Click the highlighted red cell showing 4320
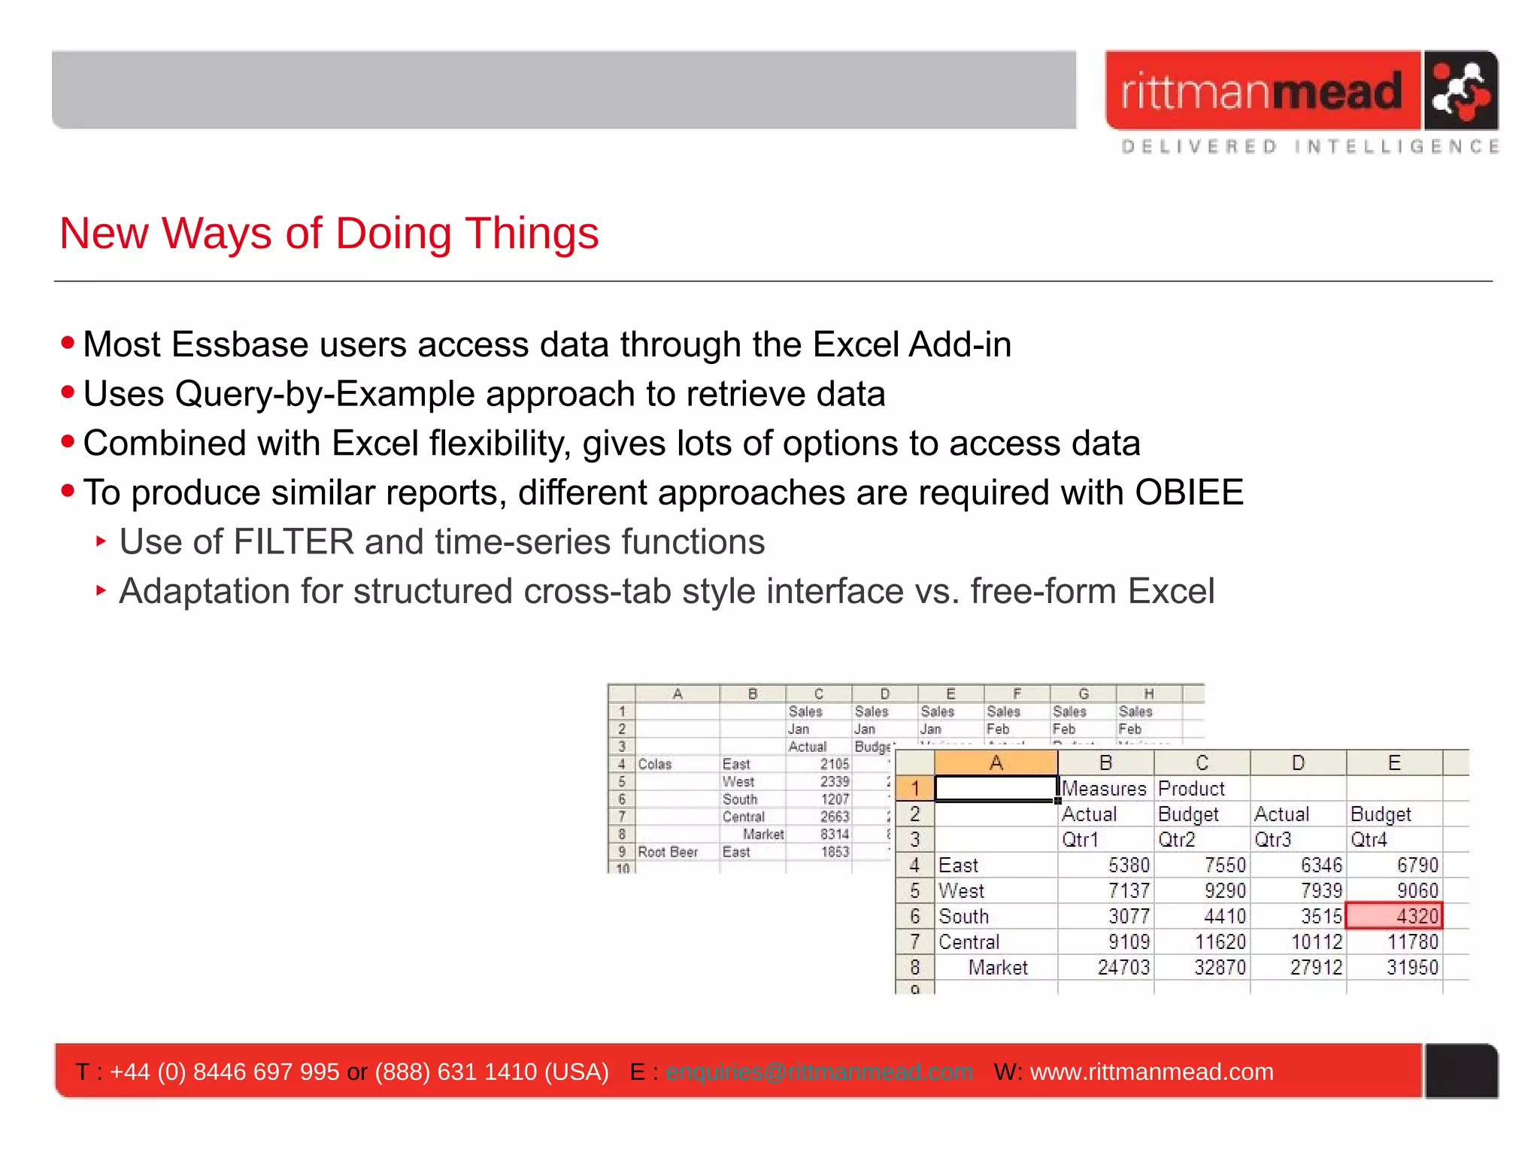[1393, 916]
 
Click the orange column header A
[996, 762]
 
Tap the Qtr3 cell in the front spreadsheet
[1272, 839]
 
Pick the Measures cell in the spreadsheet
[1103, 788]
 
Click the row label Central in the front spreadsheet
[969, 941]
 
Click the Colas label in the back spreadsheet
[654, 764]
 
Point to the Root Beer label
[668, 852]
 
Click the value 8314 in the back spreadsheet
[834, 834]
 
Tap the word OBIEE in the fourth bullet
[1189, 493]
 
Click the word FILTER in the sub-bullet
[293, 542]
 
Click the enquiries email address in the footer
[819, 1072]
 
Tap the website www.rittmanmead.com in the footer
[1151, 1072]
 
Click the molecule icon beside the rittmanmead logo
[1460, 91]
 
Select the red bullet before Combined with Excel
[68, 442]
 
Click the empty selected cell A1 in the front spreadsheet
[996, 788]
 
